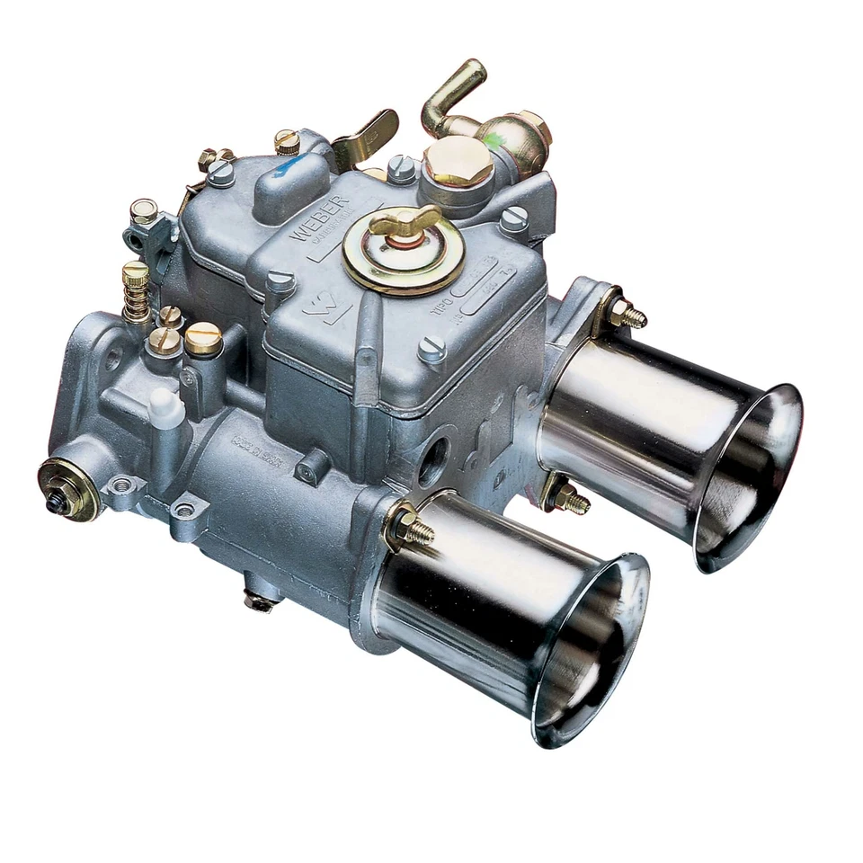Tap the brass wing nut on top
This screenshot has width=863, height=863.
[405, 219]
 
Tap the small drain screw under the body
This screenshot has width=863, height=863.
[260, 600]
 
